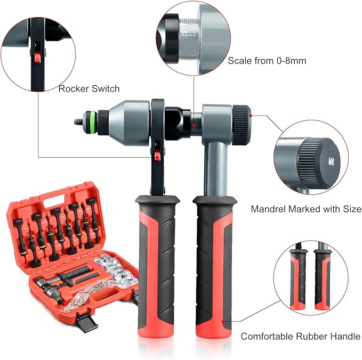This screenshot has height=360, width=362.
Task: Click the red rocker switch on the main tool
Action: point(157,155)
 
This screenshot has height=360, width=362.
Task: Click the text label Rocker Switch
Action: point(89,89)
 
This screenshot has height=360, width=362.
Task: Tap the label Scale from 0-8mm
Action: point(267,60)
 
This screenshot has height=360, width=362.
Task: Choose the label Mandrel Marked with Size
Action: point(299,209)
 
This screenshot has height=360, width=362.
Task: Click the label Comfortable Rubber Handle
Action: point(300,336)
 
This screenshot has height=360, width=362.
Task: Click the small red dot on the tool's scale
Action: point(195,126)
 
